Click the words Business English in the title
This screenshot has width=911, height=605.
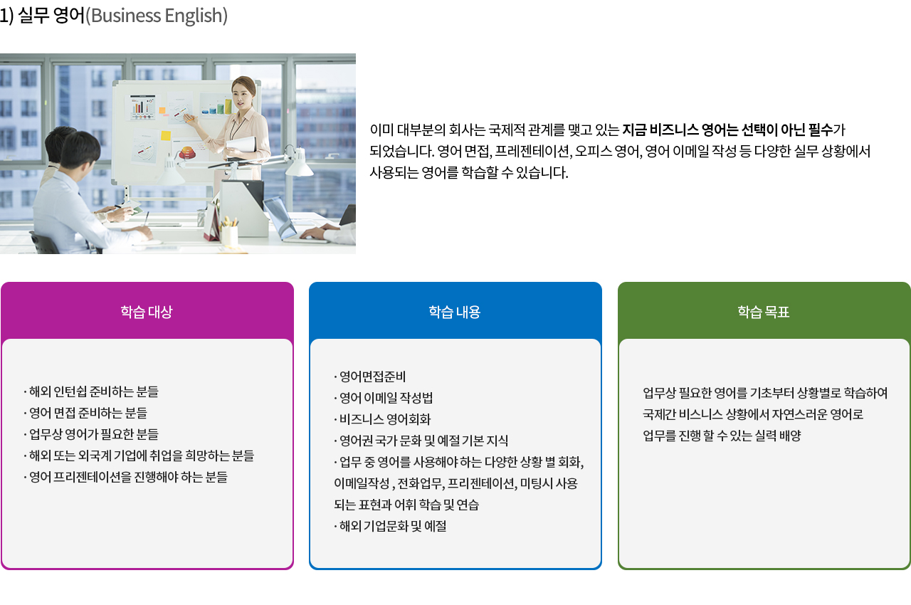click(x=157, y=16)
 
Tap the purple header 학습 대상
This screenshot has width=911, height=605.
click(x=147, y=312)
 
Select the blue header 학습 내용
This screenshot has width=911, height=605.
click(x=455, y=312)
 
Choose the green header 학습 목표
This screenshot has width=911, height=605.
click(x=764, y=312)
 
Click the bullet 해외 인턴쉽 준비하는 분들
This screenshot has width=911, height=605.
click(x=91, y=391)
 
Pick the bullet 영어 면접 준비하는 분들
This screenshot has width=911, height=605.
click(x=85, y=413)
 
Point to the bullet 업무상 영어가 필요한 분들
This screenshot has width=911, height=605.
click(x=91, y=434)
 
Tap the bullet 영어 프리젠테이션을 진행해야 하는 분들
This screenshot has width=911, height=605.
click(x=125, y=477)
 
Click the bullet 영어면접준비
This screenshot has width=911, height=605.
click(x=369, y=377)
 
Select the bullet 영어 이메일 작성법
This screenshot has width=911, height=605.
click(x=383, y=398)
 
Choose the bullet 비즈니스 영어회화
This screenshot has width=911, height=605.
click(x=382, y=419)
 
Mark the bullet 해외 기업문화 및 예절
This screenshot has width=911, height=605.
click(x=390, y=526)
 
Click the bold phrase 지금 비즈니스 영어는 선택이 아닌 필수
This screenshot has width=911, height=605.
click(x=727, y=130)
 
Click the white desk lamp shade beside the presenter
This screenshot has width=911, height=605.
click(x=299, y=162)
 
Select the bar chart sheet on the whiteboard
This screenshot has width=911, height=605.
click(x=142, y=107)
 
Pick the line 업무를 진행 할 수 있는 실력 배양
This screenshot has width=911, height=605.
click(x=722, y=436)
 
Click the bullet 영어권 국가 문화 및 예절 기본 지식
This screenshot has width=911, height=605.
click(x=421, y=441)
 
